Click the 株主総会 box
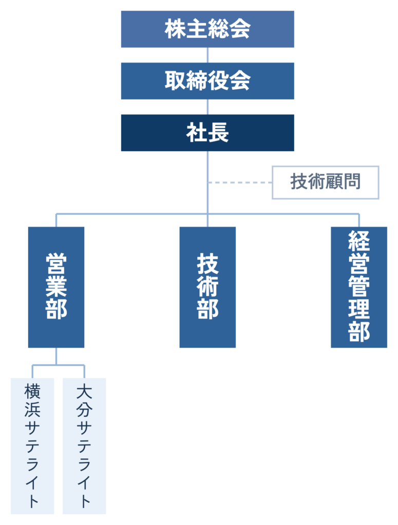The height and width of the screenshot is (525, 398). (x=207, y=29)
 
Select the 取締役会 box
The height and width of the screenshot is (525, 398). (x=207, y=81)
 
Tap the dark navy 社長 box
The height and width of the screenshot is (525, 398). (x=207, y=133)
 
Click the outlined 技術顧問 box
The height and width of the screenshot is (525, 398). (x=325, y=183)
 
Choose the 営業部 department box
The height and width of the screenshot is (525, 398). (x=56, y=287)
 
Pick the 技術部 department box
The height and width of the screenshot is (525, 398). (x=207, y=287)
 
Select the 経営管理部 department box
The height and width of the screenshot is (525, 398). (x=359, y=287)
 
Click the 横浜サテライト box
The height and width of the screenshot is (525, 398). (x=32, y=446)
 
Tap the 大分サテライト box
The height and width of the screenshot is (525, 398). (x=84, y=446)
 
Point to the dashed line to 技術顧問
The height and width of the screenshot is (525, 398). (x=240, y=183)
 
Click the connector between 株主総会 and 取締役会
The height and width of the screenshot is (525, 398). (x=207, y=55)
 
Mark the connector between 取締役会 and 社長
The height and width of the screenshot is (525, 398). (x=207, y=107)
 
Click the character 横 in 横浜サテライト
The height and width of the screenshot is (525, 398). (x=32, y=391)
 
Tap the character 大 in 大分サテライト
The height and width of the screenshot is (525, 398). (x=84, y=391)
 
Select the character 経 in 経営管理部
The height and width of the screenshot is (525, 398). (x=359, y=241)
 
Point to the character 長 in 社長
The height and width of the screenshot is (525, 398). (x=218, y=133)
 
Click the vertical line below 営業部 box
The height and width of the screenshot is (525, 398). (x=56, y=356)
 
